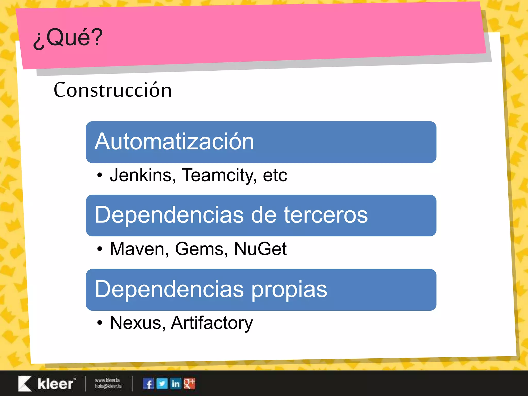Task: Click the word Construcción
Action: (113, 90)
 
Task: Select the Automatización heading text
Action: (174, 142)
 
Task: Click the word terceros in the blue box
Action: (326, 215)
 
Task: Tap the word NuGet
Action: (260, 249)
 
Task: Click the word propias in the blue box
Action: (289, 289)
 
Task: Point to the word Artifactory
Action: (212, 323)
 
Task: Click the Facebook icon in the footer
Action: (148, 384)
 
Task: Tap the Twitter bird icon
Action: (162, 384)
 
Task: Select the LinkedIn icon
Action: (176, 384)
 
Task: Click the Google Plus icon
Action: (189, 384)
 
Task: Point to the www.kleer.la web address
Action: (107, 380)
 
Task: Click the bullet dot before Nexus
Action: (100, 323)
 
